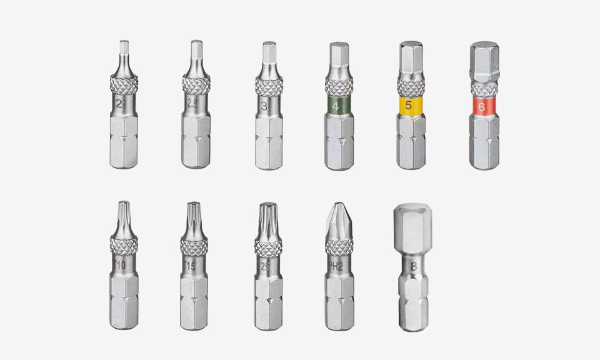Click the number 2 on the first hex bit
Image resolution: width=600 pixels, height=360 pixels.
119,103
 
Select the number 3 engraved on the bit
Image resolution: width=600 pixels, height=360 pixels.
266,106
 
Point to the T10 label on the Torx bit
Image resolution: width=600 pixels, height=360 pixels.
121,265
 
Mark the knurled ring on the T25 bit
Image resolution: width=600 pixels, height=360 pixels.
267,245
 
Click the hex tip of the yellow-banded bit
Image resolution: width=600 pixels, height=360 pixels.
411,60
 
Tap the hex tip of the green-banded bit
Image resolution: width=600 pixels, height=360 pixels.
339,60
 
